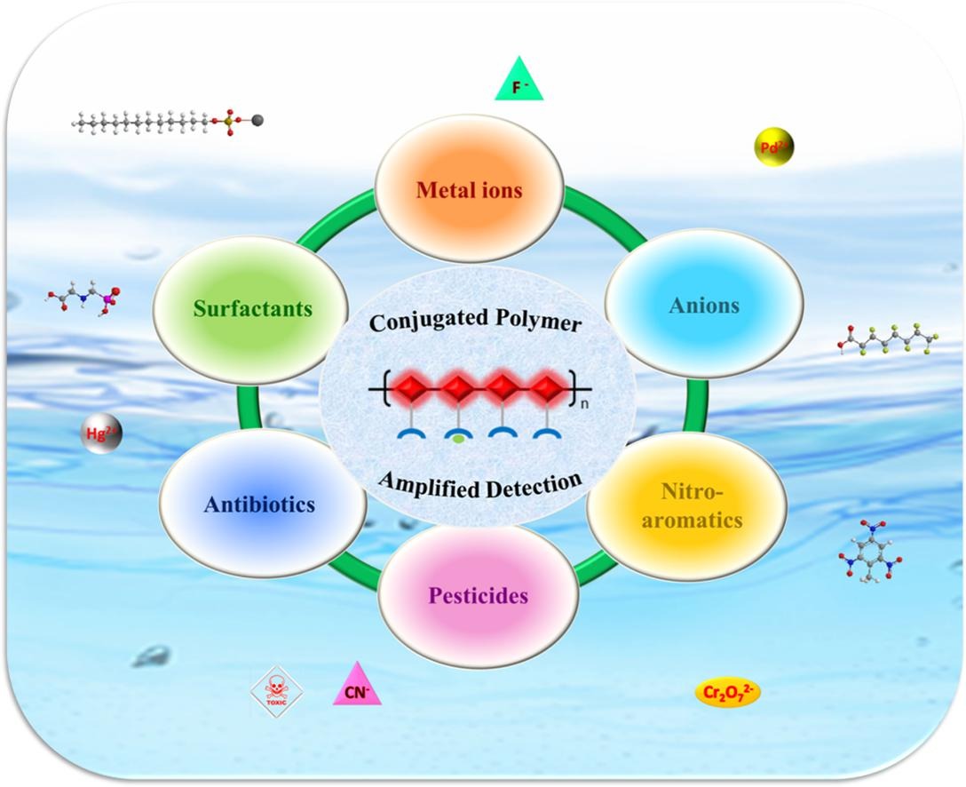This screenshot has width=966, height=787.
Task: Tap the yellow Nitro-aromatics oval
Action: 688,505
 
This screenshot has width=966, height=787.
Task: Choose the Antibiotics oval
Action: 259,504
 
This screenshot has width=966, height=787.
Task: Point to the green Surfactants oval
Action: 253,308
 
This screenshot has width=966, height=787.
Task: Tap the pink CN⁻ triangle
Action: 357,686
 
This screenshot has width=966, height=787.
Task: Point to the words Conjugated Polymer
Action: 476,322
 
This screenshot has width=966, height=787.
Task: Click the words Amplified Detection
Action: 479,484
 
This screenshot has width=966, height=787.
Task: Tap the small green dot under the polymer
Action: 457,438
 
